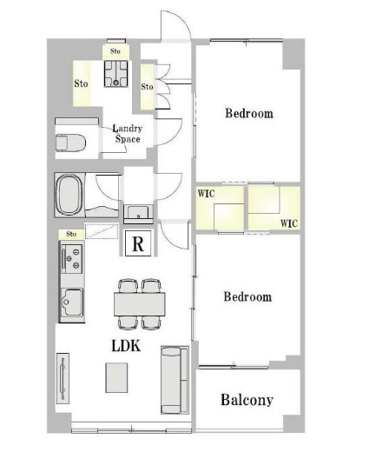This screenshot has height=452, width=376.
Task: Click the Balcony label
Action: click(x=247, y=400)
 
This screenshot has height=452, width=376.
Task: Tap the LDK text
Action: click(x=126, y=346)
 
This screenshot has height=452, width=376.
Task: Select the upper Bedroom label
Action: click(x=249, y=113)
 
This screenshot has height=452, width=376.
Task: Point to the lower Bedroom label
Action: click(x=247, y=296)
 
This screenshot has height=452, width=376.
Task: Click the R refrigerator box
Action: click(x=138, y=243)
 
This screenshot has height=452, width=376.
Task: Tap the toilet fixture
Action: click(x=70, y=143)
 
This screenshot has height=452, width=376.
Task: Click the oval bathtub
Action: click(x=69, y=195)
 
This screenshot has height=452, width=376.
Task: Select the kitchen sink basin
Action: click(x=72, y=302)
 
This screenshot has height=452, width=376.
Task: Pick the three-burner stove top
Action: click(x=72, y=259)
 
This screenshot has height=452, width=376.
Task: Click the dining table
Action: click(x=140, y=304)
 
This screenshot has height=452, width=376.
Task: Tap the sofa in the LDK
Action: click(x=175, y=380)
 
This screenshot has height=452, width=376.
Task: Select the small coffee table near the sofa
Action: click(x=116, y=377)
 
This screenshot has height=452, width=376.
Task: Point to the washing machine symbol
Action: click(x=115, y=74)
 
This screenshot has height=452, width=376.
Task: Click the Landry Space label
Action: click(x=128, y=134)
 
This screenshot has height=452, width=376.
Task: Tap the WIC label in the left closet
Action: click(x=206, y=194)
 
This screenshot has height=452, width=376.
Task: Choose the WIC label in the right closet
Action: click(x=288, y=223)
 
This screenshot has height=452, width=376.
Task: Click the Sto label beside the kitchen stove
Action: click(x=71, y=234)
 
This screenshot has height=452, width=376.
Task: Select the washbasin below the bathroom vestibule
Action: click(x=138, y=213)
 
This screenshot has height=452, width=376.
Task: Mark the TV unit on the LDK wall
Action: click(x=63, y=378)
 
